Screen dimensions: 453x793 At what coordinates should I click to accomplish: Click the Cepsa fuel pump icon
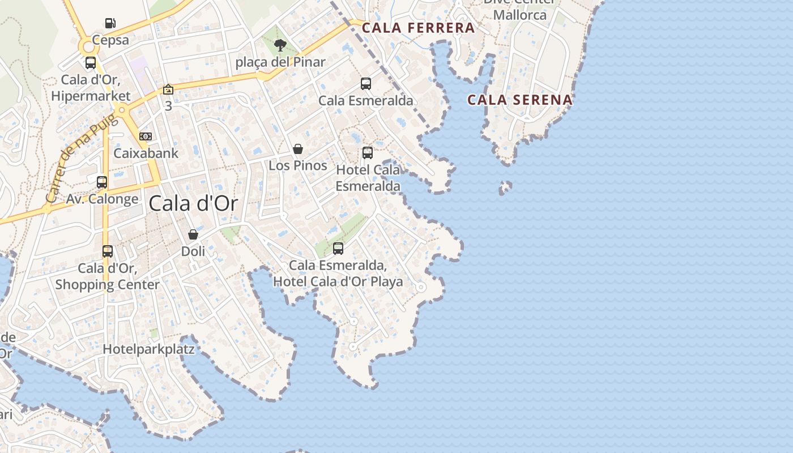point(110,23)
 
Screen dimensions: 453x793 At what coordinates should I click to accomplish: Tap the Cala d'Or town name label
point(193,204)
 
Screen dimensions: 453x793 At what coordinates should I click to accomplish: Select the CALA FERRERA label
point(418,28)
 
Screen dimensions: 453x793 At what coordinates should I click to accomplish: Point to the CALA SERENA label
point(519,100)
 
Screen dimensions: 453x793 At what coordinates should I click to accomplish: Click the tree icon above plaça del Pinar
point(280,45)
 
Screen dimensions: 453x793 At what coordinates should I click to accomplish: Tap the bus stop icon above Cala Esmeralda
point(366,84)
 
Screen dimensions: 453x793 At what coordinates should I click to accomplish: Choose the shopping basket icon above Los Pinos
point(298,149)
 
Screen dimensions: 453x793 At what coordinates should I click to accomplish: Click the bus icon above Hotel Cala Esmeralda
point(368,152)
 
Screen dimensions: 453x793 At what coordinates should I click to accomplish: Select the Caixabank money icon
point(146,136)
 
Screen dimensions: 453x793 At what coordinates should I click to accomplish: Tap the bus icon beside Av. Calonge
point(102,182)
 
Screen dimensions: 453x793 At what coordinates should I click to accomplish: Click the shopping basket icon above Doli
point(193,234)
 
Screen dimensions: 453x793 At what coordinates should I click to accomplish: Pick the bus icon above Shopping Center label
point(108,251)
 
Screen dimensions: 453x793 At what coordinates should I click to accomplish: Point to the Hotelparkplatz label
point(148,349)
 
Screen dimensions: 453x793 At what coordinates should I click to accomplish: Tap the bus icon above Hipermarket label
point(91,63)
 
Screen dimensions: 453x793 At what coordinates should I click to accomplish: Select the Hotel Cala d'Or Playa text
point(338,281)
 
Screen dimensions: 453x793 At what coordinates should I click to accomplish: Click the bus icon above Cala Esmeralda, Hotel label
point(338,248)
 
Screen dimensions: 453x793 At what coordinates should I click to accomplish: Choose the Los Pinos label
point(298,165)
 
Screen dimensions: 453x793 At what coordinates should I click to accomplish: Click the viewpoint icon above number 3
point(168,89)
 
